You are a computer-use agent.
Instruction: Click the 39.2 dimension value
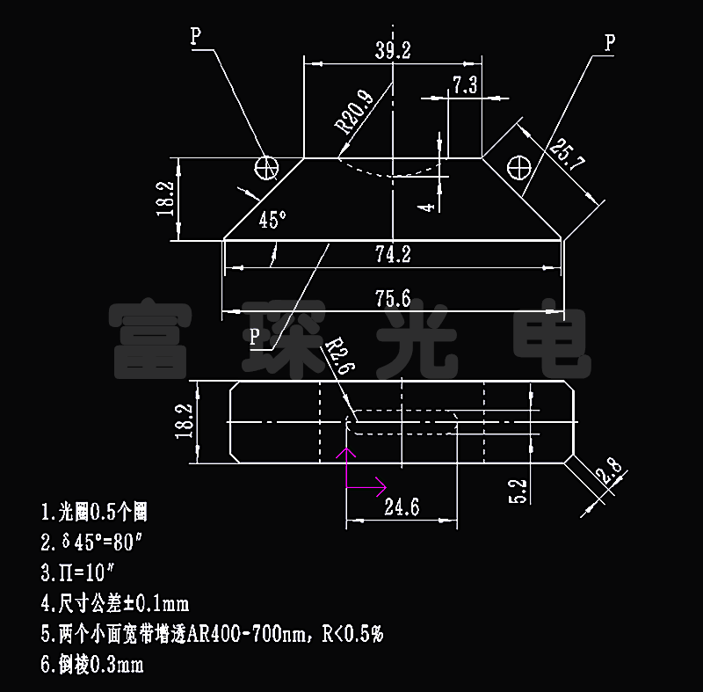point(393,51)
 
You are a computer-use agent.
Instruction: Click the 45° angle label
point(273,220)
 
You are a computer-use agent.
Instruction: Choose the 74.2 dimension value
point(393,254)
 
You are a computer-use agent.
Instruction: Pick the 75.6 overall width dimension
point(393,297)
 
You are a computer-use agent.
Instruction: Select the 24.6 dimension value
point(401,506)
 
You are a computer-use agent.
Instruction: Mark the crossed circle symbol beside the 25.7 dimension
point(521,165)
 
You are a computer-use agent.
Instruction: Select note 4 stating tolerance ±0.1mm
point(115,604)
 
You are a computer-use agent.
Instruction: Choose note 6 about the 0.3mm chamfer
point(92,664)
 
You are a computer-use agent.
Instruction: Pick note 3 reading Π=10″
point(78,573)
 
